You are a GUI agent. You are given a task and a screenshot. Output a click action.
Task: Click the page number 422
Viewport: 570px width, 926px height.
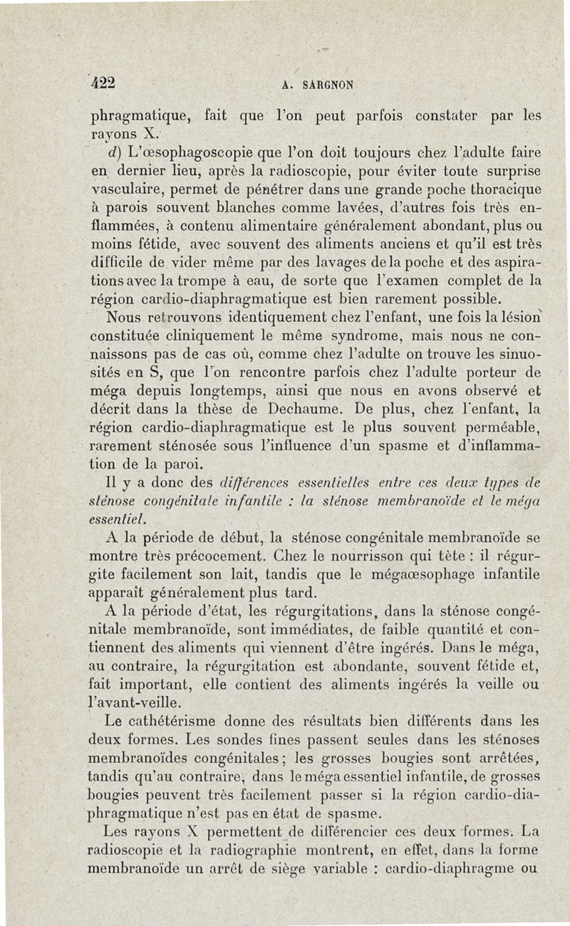(x=103, y=82)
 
